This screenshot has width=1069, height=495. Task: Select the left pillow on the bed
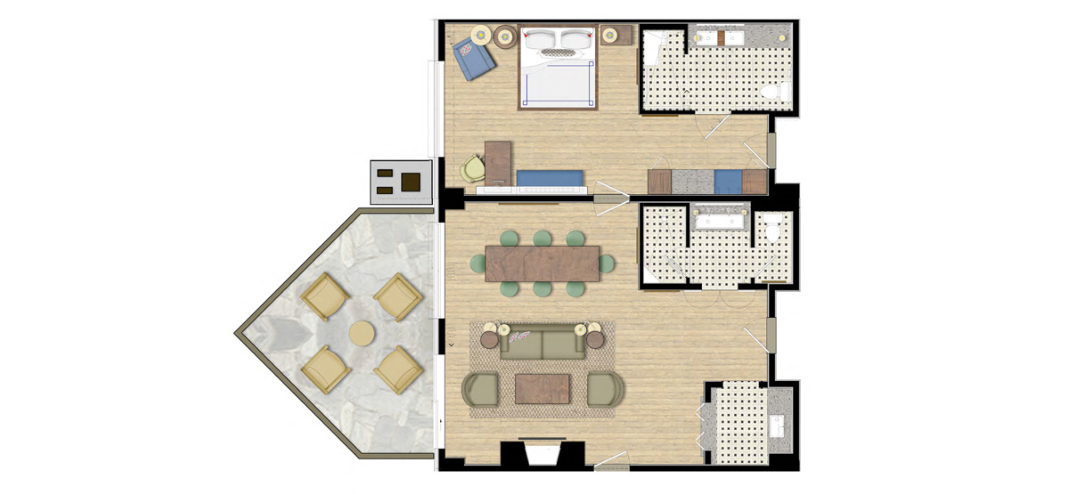pos(542,38)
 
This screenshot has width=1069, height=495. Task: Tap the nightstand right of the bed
pos(611,36)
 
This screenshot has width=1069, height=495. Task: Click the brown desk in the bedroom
pos(498,164)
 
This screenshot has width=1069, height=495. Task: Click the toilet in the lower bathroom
pos(772,227)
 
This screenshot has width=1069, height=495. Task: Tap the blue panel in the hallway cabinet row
pos(728,182)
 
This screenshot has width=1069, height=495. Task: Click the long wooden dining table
pos(542,263)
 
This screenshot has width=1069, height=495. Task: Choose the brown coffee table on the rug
pos(542,388)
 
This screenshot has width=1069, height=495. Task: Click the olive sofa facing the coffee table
pos(542,342)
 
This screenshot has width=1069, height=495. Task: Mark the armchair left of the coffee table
pos(481,389)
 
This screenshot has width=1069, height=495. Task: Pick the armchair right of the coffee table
pos(606,389)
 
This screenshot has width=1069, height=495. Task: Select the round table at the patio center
pos(362,333)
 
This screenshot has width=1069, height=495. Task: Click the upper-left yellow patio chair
pos(324,295)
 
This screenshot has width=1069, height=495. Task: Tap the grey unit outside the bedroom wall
pos(401,183)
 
